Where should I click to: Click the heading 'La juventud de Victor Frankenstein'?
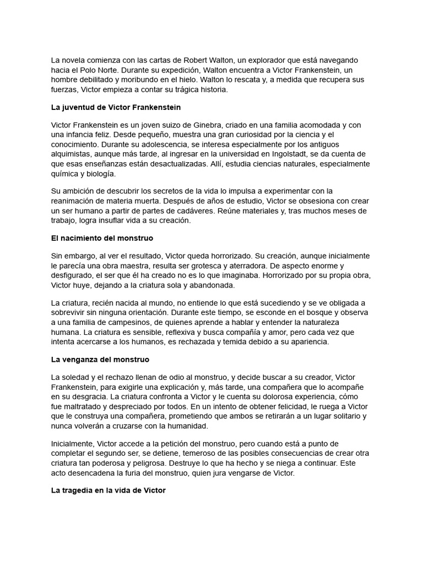click(x=116, y=107)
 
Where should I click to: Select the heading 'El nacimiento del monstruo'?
click(x=102, y=239)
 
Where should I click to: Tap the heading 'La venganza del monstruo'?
click(x=100, y=360)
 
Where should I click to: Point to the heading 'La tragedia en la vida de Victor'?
click(x=108, y=490)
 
